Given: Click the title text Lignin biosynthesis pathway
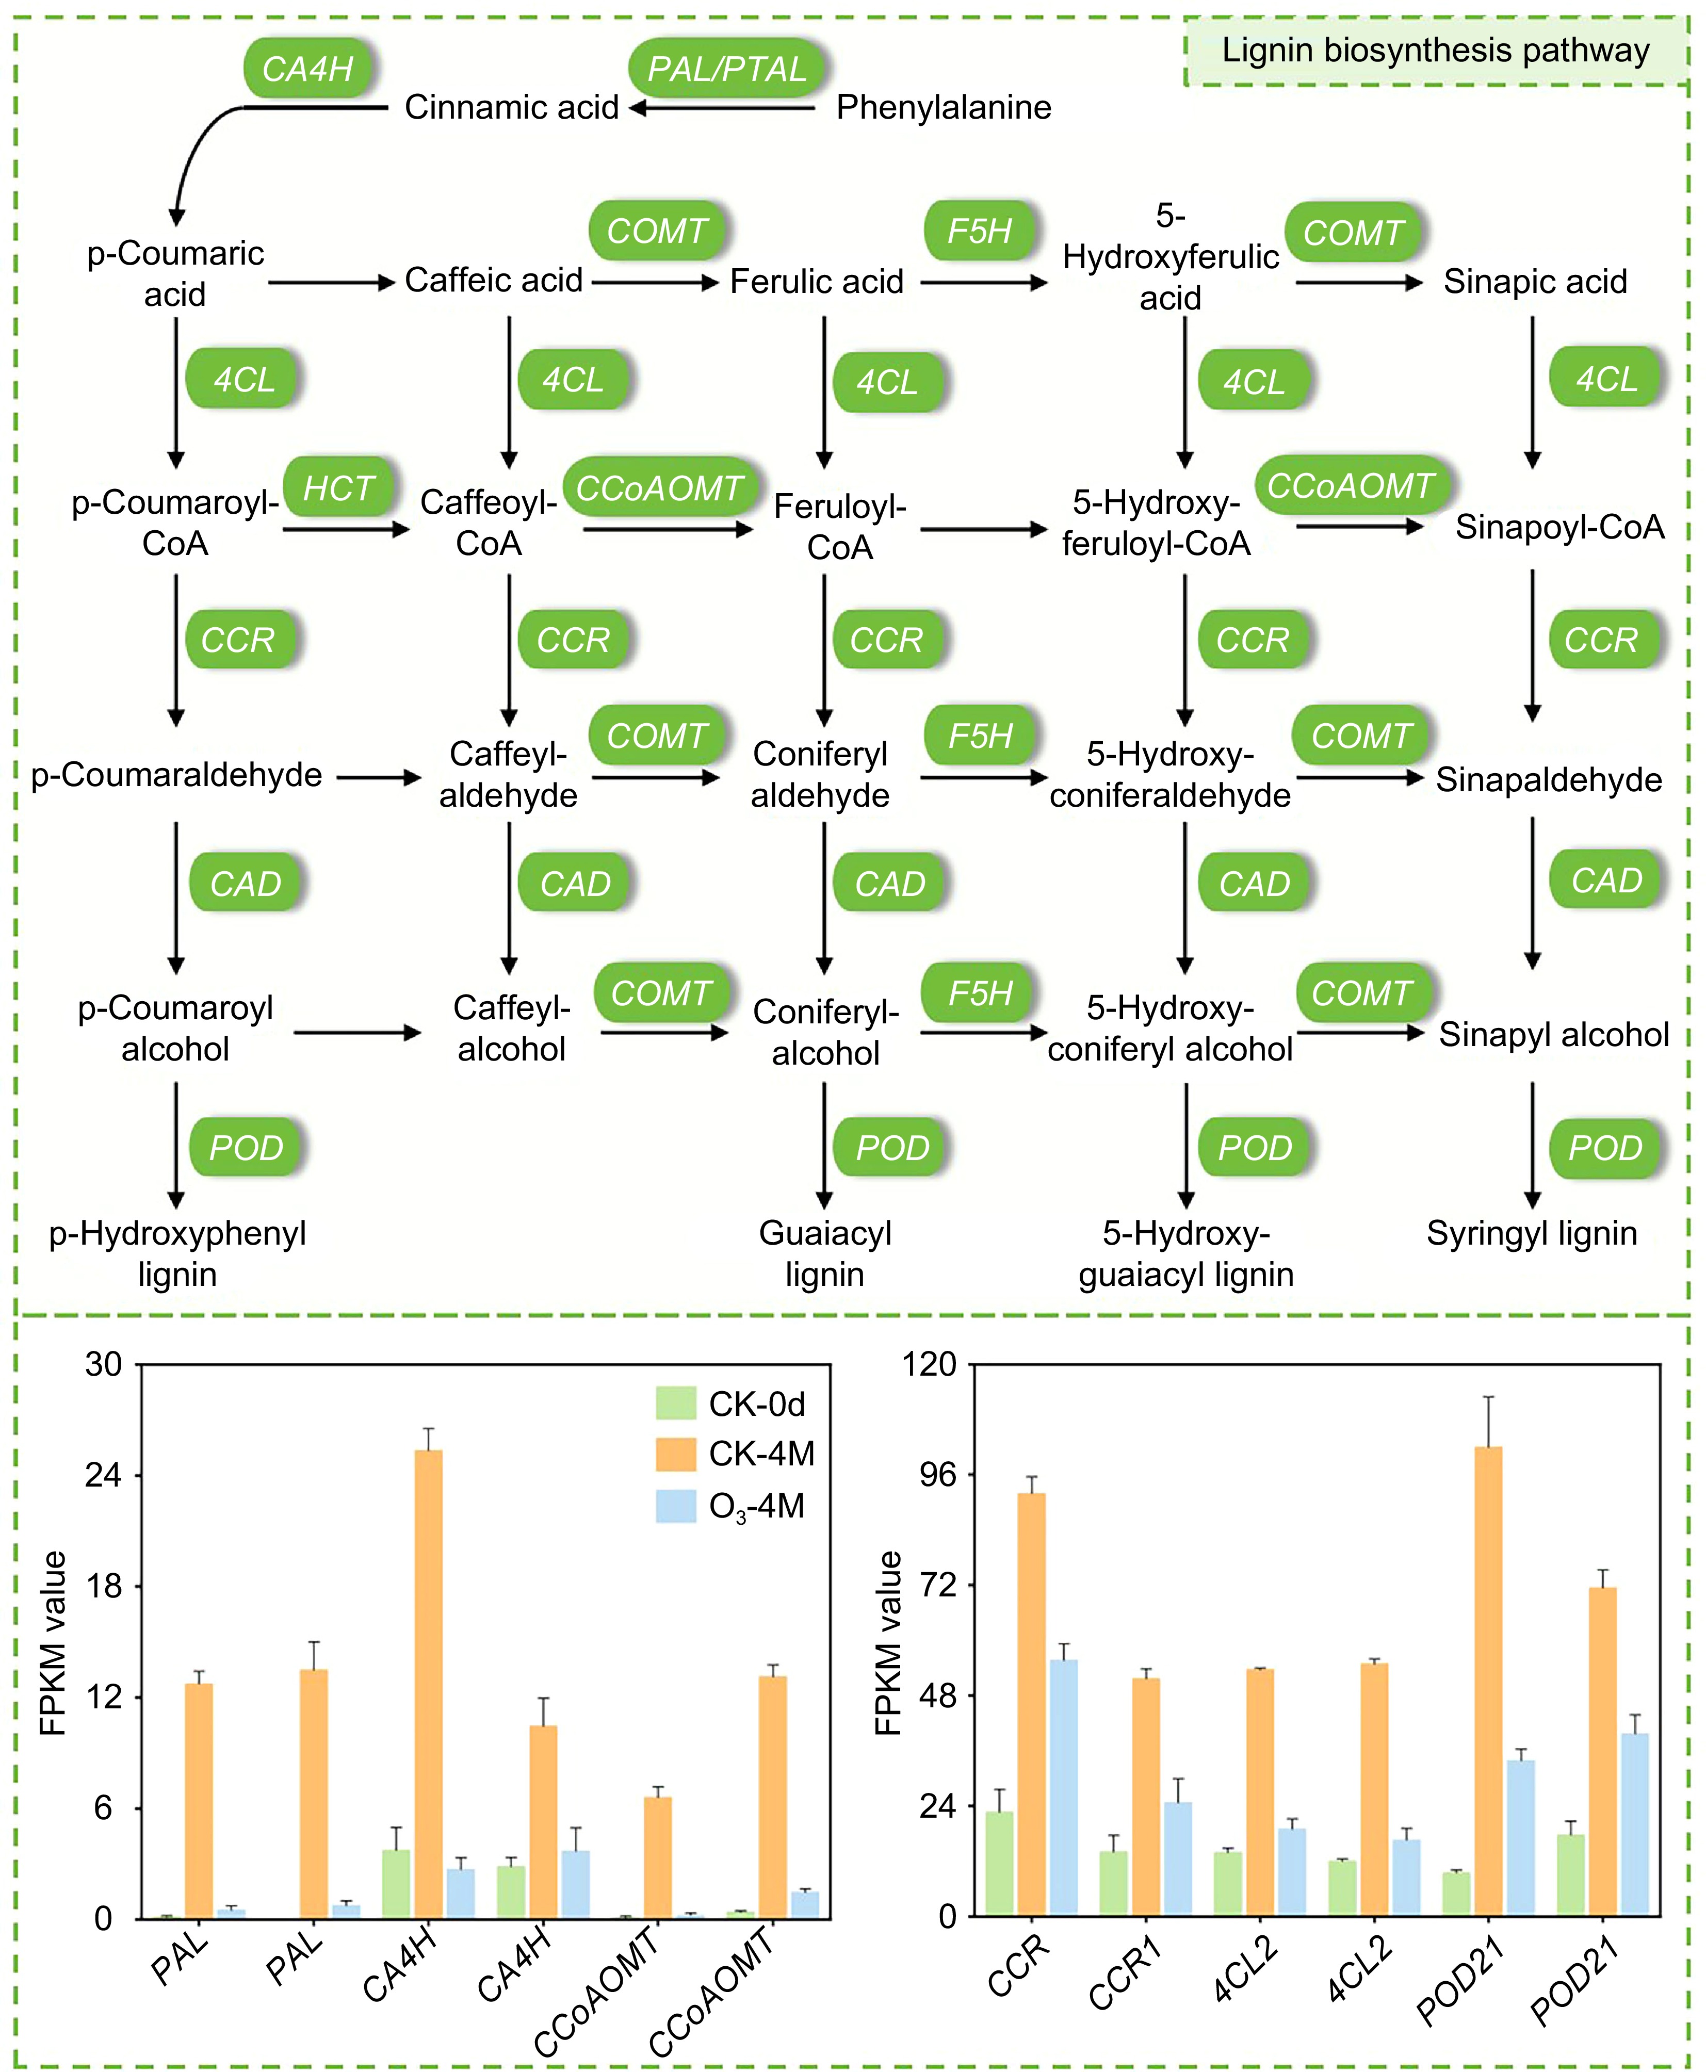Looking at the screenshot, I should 1435,50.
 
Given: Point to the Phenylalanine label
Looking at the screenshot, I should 944,107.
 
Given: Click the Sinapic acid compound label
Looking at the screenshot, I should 1535,282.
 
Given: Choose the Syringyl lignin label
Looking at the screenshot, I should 1531,1233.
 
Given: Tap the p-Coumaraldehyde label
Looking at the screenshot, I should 177,775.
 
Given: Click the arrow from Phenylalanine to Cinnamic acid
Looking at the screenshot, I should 722,108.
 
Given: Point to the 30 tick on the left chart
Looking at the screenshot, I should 103,1364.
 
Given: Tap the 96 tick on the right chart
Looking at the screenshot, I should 936,1474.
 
